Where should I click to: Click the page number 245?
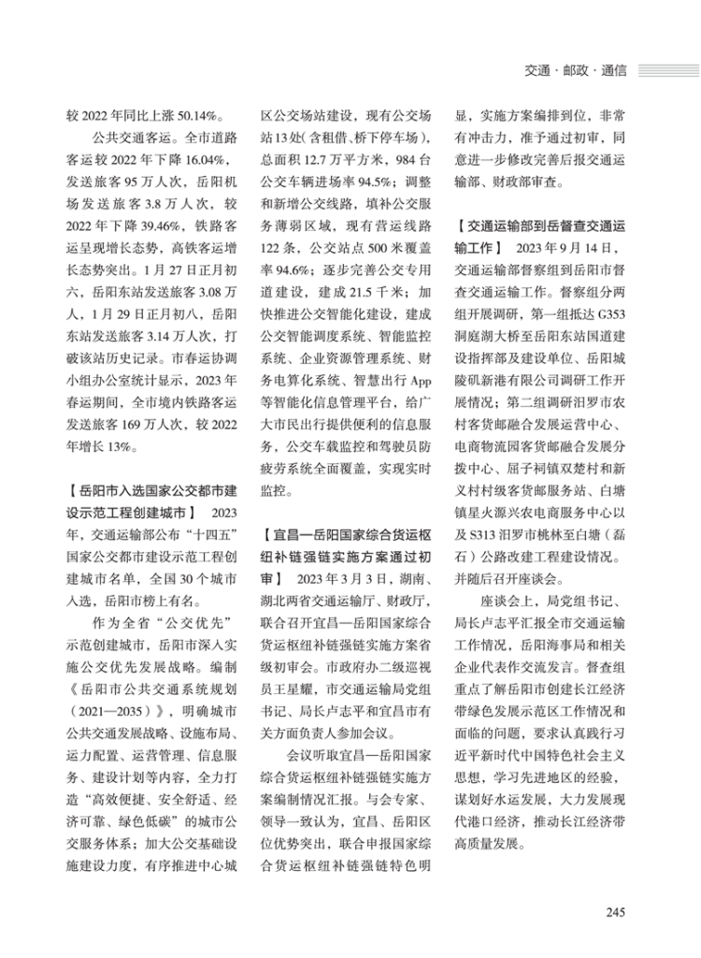[614, 912]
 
